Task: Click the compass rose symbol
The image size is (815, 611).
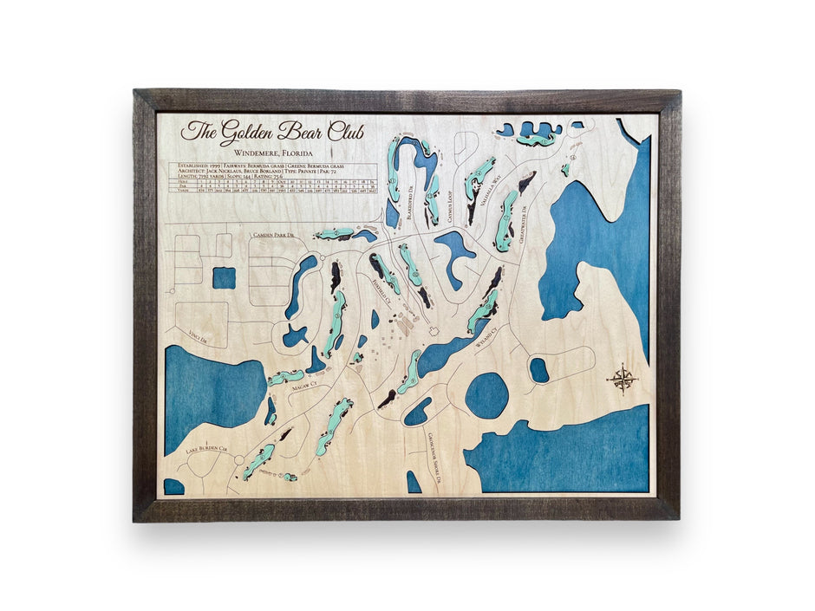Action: pyautogui.click(x=623, y=378)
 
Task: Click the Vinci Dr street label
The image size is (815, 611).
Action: pyautogui.click(x=198, y=337)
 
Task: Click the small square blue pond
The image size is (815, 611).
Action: pyautogui.click(x=224, y=278)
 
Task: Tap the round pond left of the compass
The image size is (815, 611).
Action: pyautogui.click(x=486, y=395)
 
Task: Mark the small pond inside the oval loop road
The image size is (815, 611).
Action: pyautogui.click(x=539, y=370)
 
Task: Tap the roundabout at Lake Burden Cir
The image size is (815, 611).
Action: pyautogui.click(x=238, y=459)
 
